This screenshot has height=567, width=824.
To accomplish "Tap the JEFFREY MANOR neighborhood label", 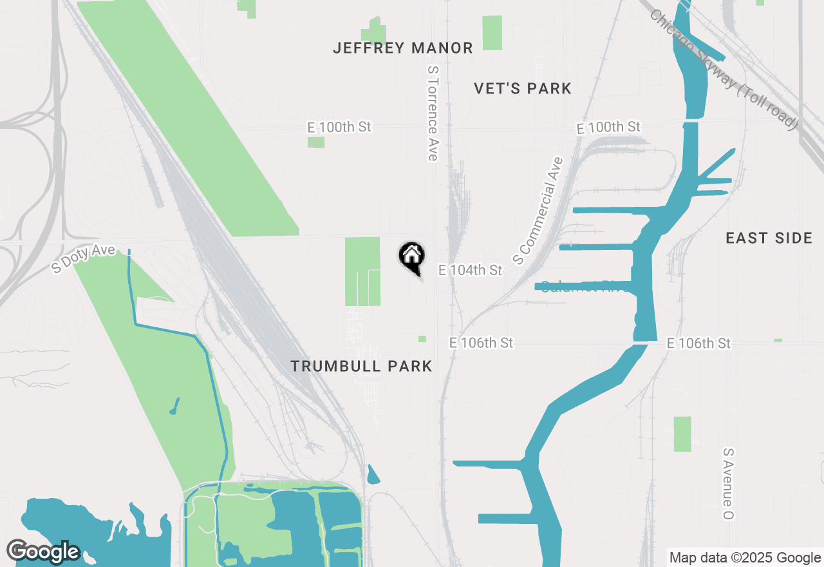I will tap(403, 48).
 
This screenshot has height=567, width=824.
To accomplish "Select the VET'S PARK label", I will tap(523, 89).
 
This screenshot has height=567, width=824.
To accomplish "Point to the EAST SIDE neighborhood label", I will tap(769, 238).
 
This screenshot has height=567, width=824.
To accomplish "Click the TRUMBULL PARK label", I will tap(361, 367).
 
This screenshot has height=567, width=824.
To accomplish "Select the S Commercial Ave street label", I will tap(538, 211).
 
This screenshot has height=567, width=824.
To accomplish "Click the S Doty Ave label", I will tap(84, 258).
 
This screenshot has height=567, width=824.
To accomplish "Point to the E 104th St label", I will tap(470, 270).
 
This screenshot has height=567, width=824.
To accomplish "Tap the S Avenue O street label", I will tap(729, 484).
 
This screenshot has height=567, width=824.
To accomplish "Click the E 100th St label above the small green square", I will tap(339, 127).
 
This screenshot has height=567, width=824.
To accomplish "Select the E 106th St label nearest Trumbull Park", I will tap(482, 343).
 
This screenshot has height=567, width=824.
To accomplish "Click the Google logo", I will tap(43, 552).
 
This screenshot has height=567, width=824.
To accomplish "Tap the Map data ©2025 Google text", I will tap(745, 558).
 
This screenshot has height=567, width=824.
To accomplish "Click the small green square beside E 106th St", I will tap(422, 339).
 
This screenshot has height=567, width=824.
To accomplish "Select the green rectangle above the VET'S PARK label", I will tap(492, 33).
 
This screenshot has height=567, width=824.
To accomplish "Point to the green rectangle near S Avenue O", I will tap(682, 434).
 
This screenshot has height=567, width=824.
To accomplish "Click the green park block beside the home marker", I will tap(362, 271).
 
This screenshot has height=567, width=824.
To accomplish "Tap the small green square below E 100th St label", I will tap(316, 142).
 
